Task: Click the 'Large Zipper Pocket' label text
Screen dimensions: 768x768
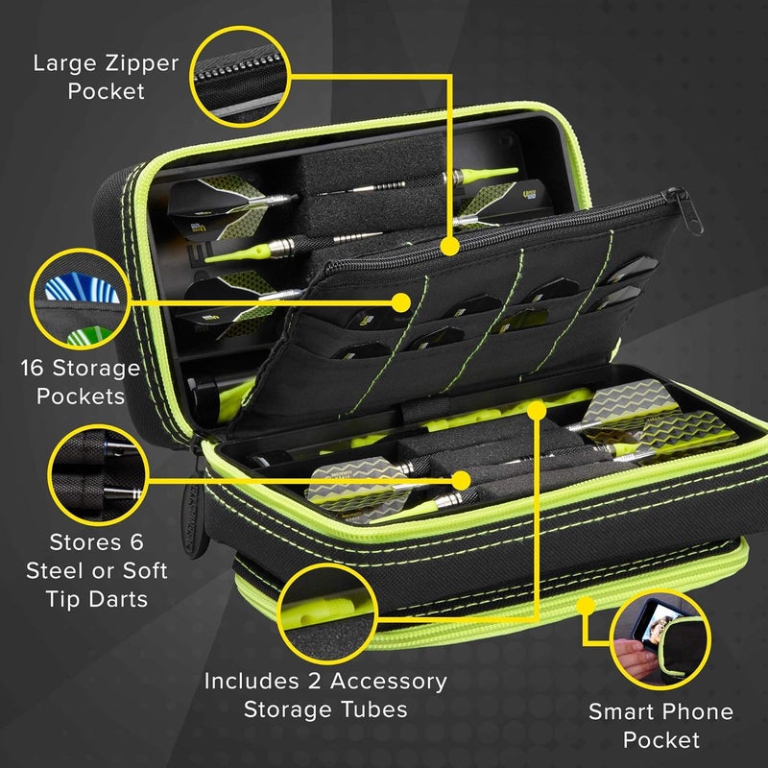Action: coord(106,78)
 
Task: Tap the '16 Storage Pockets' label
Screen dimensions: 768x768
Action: coord(81,381)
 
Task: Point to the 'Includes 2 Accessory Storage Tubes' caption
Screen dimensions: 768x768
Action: coord(325,695)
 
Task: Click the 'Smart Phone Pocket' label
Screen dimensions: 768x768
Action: coord(660,725)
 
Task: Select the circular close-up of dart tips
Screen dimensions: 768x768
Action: coord(97,478)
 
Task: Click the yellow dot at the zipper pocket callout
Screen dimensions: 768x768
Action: coord(448,247)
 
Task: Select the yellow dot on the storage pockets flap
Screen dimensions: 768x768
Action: coord(400,300)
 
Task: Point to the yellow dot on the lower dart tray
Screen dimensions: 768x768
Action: coord(462,477)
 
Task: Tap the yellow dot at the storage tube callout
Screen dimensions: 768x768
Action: coord(537,412)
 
